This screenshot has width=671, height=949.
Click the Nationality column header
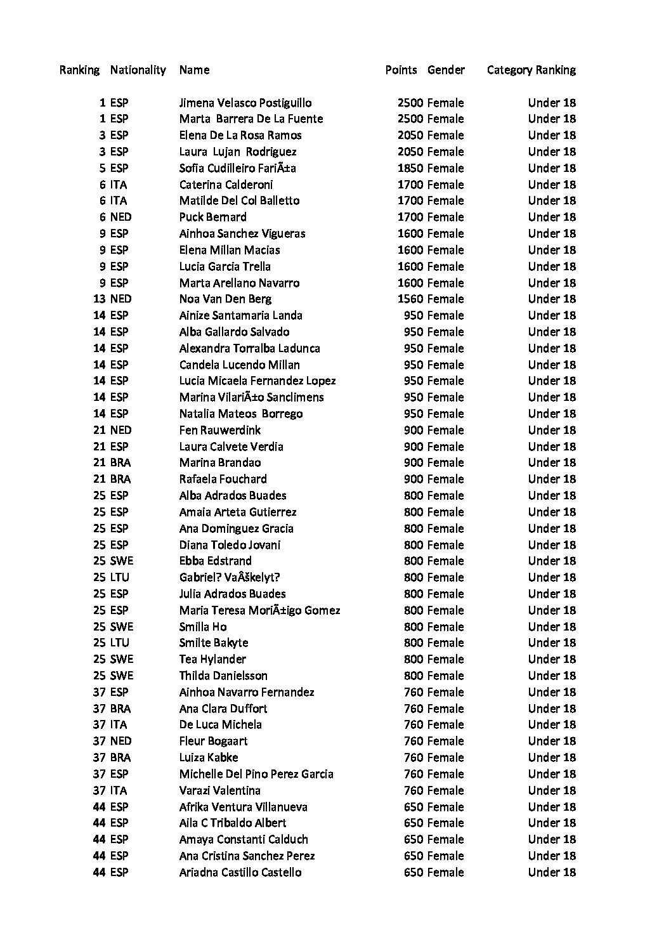pos(138,70)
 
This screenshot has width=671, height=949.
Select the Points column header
pos(401,70)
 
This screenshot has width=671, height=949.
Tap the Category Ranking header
pos(531,70)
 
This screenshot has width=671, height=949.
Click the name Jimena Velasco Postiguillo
pos(245,103)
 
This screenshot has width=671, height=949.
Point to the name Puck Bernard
pos(212,217)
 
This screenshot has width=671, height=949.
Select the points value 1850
pos(410,168)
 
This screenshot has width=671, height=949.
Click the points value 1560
pos(410,299)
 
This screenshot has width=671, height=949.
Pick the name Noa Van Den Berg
pos(225,299)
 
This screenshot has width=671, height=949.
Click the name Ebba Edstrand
pos(215,561)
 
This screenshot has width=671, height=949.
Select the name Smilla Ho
pos(203,627)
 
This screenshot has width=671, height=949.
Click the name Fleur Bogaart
pos(213,741)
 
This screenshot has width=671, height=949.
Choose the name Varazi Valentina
pos(219,790)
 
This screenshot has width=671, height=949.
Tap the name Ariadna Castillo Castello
pos(240,872)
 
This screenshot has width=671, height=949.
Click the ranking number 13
pos(99,299)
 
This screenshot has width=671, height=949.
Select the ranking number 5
pos(102,168)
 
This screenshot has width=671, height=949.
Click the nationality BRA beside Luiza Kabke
pos(121,757)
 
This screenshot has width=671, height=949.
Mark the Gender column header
pos(446,70)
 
